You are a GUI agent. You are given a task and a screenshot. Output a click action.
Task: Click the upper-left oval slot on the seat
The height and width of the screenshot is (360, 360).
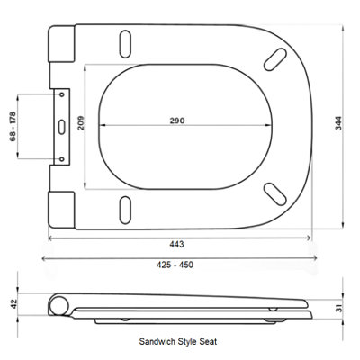(x=125, y=41)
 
